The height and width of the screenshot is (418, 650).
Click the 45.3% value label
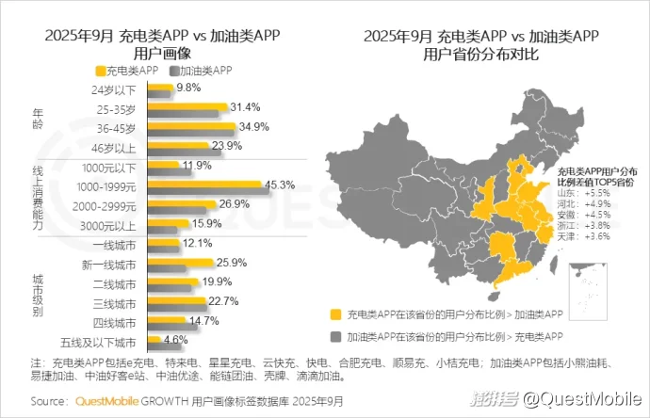(x=281, y=185)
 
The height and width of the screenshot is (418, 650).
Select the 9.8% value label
(x=189, y=88)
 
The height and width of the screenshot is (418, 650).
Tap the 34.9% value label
(x=247, y=126)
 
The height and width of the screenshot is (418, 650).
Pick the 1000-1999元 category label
(x=106, y=185)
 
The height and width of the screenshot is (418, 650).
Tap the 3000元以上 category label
(x=109, y=224)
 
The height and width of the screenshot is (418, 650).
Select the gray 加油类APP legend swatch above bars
(x=173, y=71)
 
